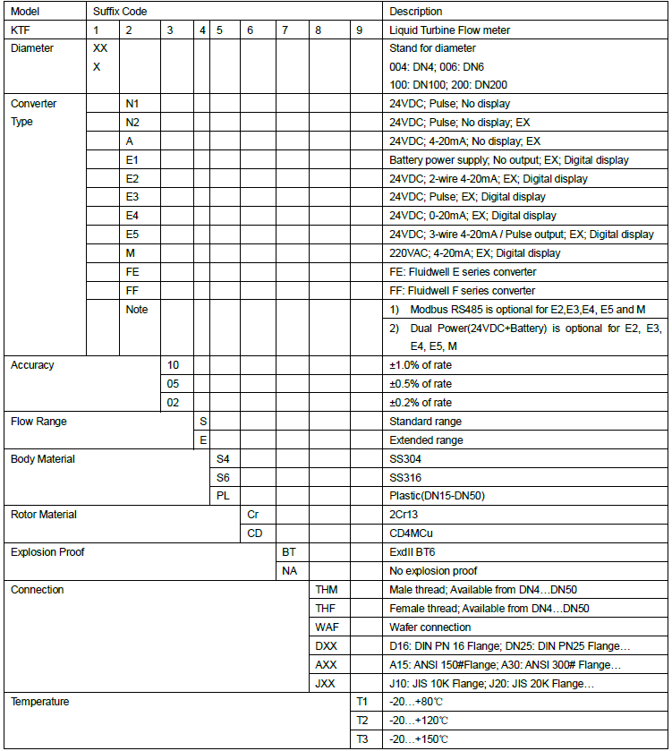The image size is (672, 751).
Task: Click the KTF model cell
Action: click(x=20, y=30)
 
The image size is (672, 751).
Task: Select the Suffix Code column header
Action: click(x=121, y=12)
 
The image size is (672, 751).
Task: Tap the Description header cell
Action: click(x=415, y=12)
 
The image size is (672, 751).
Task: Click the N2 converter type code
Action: click(x=132, y=122)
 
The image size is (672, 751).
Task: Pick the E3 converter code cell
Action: click(x=132, y=197)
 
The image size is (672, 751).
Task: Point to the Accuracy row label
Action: click(x=32, y=365)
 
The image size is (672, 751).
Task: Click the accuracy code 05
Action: click(x=174, y=384)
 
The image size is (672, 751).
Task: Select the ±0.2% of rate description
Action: click(x=421, y=403)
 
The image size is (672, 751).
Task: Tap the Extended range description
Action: click(x=426, y=440)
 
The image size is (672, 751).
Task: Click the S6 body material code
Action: click(x=224, y=478)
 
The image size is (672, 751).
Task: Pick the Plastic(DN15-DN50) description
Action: click(x=438, y=496)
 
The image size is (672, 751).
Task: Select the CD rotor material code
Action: click(x=254, y=533)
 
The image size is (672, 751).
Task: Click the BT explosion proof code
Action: click(x=289, y=552)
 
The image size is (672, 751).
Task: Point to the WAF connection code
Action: click(x=327, y=627)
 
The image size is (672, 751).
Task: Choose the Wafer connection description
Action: click(x=430, y=627)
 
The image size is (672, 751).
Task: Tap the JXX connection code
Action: click(x=326, y=684)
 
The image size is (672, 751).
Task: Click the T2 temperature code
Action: click(x=362, y=721)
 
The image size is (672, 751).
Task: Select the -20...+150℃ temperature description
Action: click(x=419, y=739)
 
